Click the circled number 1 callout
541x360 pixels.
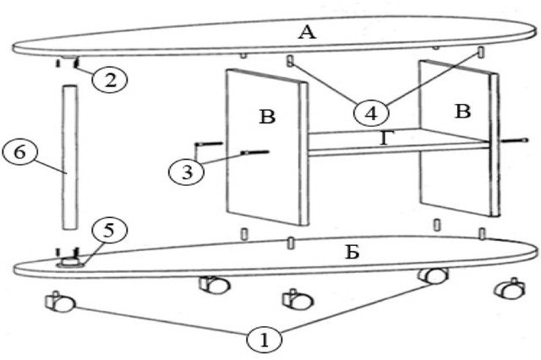tap(264, 340)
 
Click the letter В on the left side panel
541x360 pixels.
tap(267, 115)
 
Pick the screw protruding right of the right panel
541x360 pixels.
tap(512, 140)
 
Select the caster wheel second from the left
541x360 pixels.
tap(214, 285)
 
